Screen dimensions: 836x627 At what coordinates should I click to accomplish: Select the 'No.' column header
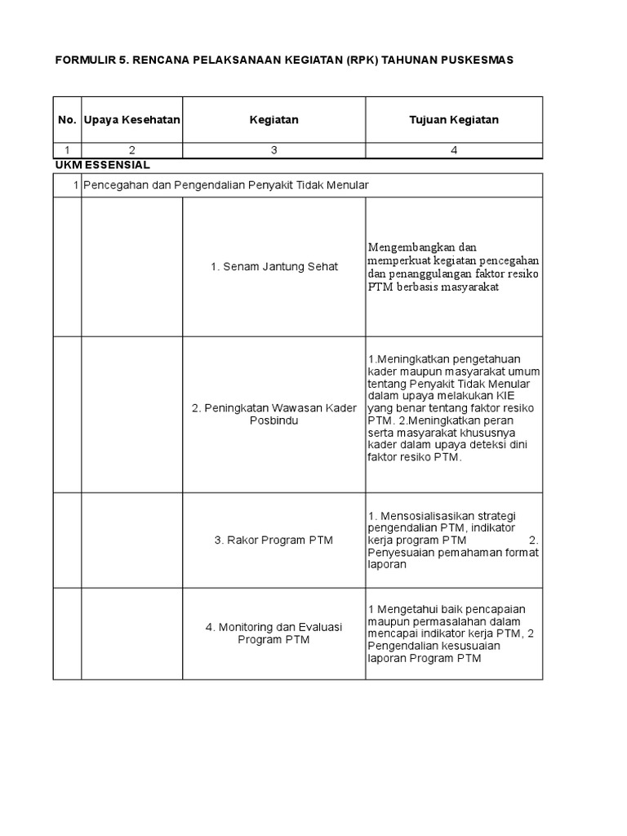click(x=67, y=120)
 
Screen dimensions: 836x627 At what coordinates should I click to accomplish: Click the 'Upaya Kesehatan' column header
click(x=131, y=120)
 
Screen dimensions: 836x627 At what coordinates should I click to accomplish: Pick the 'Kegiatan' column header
click(x=273, y=120)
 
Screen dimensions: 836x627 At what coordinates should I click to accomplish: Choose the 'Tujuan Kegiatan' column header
click(x=453, y=120)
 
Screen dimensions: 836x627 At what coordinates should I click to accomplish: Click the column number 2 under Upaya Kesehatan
click(x=131, y=149)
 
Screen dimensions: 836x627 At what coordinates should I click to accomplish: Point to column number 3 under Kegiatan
click(x=273, y=149)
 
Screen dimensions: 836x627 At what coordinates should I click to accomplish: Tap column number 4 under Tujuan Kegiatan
click(x=454, y=149)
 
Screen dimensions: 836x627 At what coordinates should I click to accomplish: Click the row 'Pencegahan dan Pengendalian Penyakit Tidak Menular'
click(x=226, y=185)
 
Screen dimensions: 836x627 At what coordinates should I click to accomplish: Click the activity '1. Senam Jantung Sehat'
click(x=273, y=267)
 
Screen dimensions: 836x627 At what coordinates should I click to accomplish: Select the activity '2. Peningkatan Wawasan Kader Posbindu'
click(x=273, y=415)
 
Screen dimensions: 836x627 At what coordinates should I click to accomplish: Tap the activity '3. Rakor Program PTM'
click(x=273, y=540)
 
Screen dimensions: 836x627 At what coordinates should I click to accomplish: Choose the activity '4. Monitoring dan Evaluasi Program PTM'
click(x=273, y=634)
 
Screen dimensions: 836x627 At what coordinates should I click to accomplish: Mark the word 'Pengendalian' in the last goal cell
click(x=405, y=646)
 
